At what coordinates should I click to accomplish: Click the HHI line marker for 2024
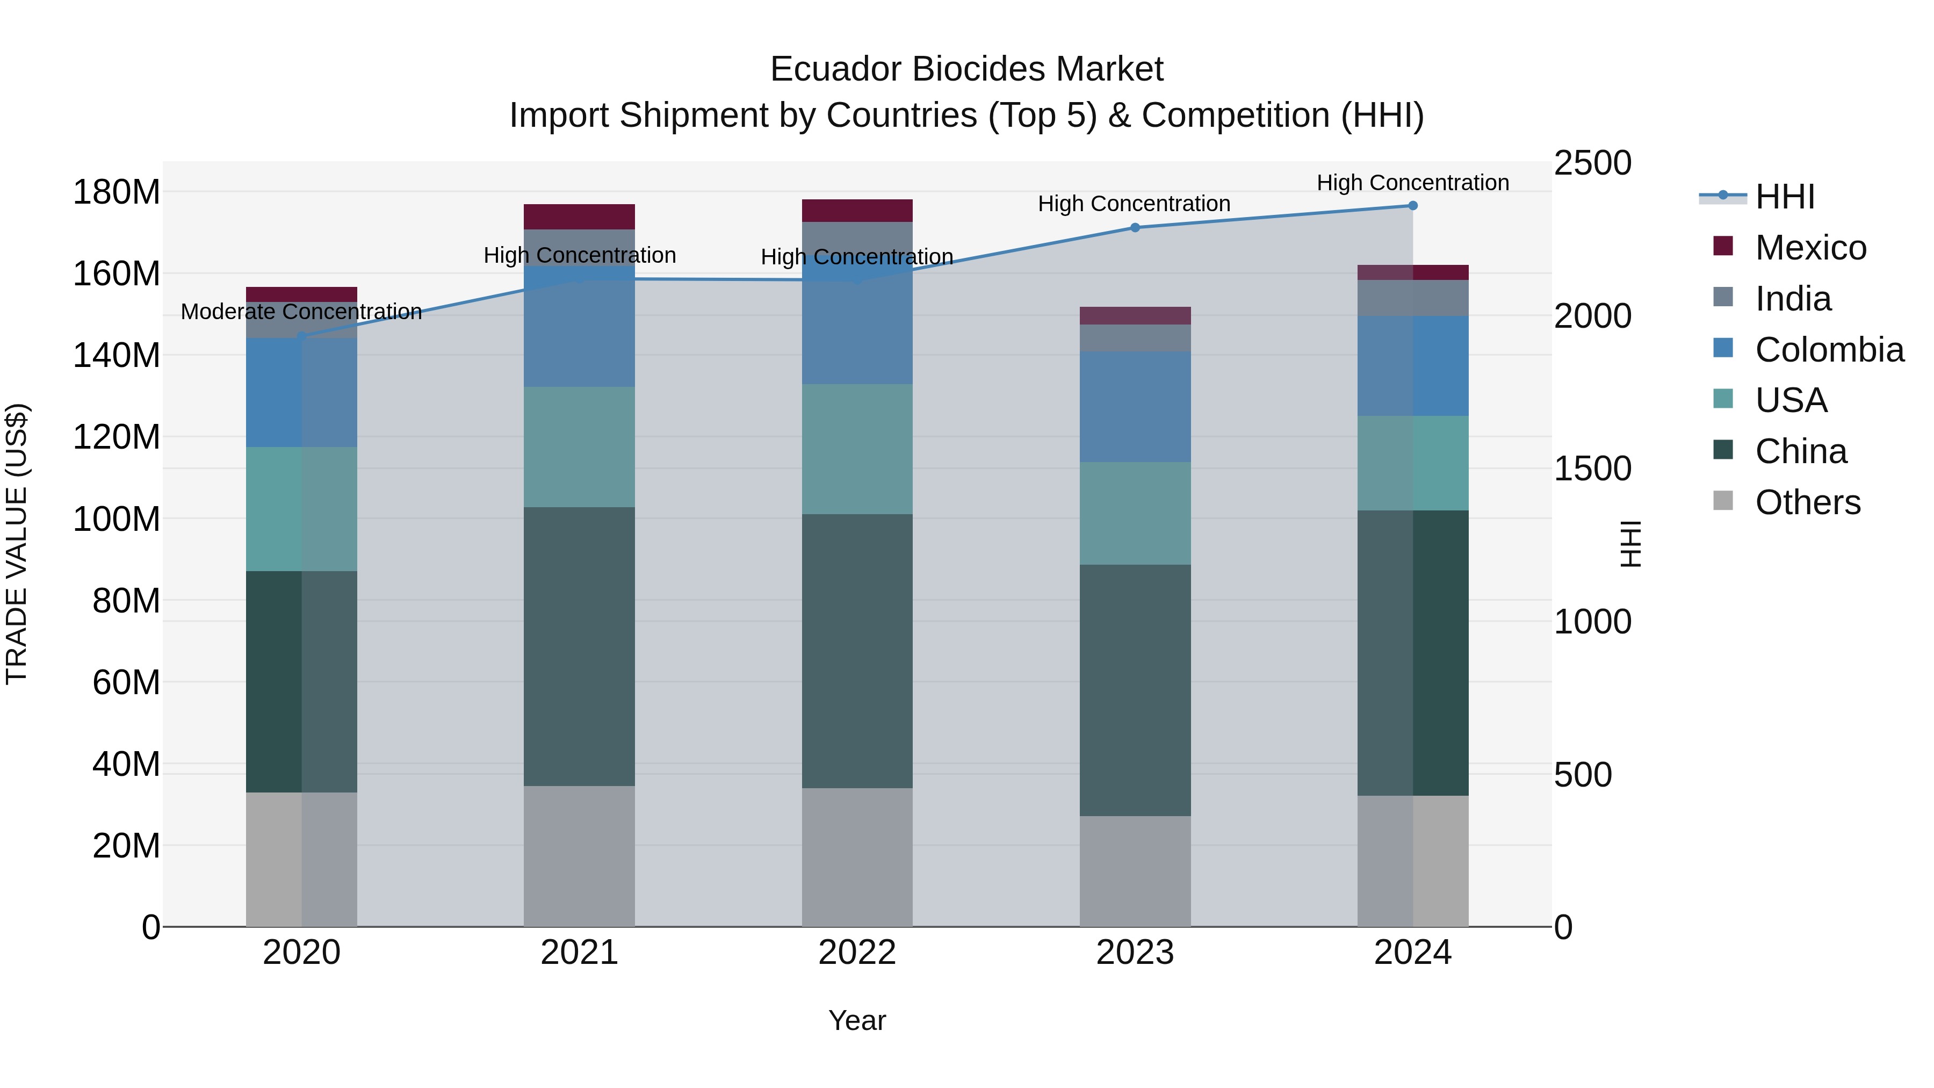coord(1412,206)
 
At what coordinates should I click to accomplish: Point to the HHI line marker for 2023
coord(1135,227)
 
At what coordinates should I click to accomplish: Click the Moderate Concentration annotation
coord(301,312)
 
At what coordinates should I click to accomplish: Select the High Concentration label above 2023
coord(1134,204)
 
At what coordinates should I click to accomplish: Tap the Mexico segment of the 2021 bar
coord(579,216)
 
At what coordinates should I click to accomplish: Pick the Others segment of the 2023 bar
coord(1135,871)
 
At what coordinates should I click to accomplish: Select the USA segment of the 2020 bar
coord(301,509)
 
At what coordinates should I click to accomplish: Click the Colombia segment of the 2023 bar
coord(1135,406)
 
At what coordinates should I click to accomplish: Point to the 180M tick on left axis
coord(117,192)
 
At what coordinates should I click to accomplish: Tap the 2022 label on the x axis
coord(857,953)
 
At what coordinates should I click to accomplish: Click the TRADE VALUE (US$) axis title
coord(17,544)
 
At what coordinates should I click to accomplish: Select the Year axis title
coord(857,1020)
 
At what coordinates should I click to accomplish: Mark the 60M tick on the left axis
coord(125,682)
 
